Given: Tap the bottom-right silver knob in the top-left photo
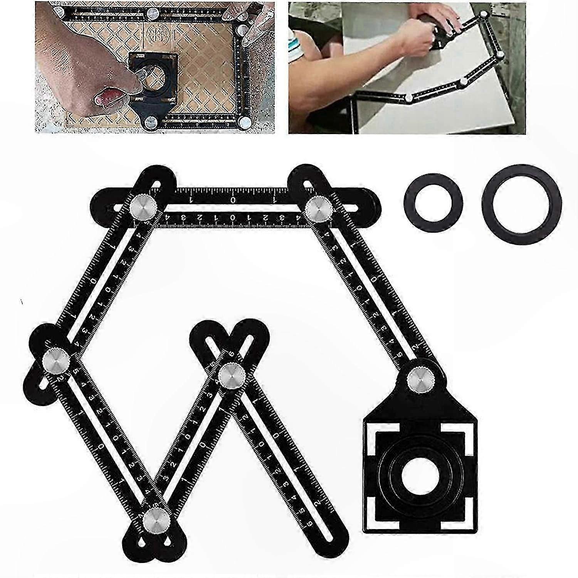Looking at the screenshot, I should point(244,122).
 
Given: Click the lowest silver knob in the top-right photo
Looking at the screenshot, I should point(409,98).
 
